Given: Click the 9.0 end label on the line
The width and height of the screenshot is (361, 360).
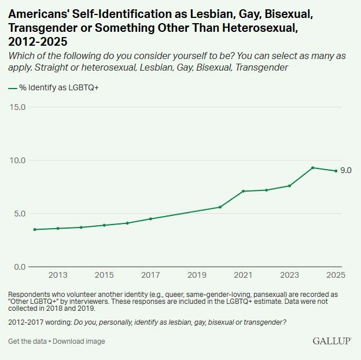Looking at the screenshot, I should pyautogui.click(x=346, y=171).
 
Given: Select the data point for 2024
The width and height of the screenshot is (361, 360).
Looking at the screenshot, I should pyautogui.click(x=312, y=168).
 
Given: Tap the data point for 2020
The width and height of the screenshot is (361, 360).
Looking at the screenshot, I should pyautogui.click(x=220, y=207).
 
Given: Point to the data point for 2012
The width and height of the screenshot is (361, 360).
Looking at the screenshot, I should pyautogui.click(x=35, y=229).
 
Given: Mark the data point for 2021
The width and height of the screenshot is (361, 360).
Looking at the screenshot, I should pyautogui.click(x=243, y=191).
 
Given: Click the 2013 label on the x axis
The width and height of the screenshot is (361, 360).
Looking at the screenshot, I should pyautogui.click(x=58, y=275).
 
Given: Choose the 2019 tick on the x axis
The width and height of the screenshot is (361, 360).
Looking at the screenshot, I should pyautogui.click(x=197, y=275).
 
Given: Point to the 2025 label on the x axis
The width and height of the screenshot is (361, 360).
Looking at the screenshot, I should pyautogui.click(x=336, y=275).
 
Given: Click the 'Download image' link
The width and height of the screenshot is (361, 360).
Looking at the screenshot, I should pyautogui.click(x=79, y=341).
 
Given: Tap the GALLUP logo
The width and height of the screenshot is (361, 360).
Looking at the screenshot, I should pyautogui.click(x=332, y=341).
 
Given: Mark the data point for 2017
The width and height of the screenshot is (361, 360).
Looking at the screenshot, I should pyautogui.click(x=150, y=219).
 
